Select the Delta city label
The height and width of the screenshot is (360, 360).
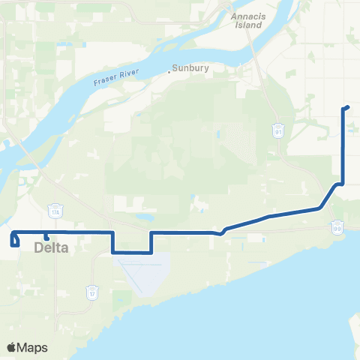(x=52, y=247)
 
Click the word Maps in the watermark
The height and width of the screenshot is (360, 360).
(x=33, y=347)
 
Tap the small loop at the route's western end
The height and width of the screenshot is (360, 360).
(x=13, y=240)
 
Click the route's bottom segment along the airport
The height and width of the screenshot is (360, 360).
(x=132, y=253)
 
